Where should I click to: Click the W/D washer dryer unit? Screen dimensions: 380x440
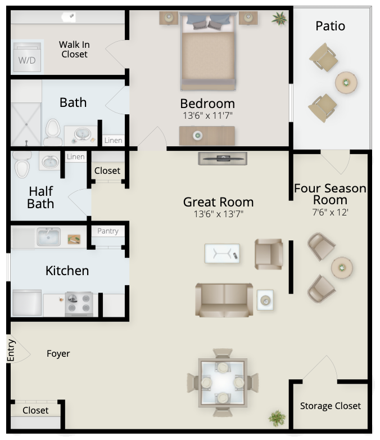pos(27,57)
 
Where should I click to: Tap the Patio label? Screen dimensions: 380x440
pos(330,26)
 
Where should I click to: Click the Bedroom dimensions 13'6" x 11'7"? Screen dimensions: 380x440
pos(207,115)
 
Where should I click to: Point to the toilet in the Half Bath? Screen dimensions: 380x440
pos(22,165)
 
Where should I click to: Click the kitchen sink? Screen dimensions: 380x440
pos(49,236)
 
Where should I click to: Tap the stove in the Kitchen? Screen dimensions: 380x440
pos(79,304)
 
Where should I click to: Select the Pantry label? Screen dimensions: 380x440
pos(108,231)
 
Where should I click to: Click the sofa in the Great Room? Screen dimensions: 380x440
pos(224,300)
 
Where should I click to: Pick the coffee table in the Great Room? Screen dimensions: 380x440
pos(222,254)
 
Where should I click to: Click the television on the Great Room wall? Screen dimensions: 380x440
pos(223,159)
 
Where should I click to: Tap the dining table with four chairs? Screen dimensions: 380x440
pos(223,383)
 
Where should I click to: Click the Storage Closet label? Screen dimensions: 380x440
pos(331,406)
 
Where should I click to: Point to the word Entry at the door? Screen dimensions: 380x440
pos(11,350)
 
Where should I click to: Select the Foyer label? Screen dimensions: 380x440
pos(58,353)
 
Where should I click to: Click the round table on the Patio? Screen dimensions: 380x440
pos(346,83)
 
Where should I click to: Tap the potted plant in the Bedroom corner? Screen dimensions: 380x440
pos(279,19)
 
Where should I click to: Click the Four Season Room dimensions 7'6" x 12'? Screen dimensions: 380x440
pos(330,212)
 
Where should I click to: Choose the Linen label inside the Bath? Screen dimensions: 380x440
pos(114,140)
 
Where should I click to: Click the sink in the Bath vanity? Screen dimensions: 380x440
pos(82,134)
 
